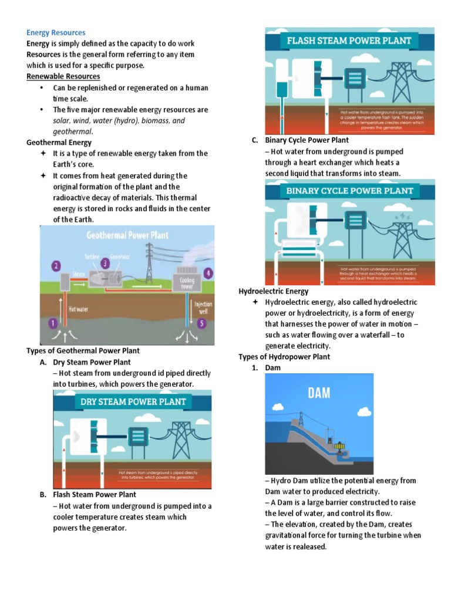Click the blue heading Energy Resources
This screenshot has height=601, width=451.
point(56,32)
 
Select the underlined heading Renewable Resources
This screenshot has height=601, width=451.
point(63,76)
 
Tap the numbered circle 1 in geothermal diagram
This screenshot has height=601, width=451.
point(53,323)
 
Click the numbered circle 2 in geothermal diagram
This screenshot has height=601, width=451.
point(56,266)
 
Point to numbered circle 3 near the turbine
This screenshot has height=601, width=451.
point(105,262)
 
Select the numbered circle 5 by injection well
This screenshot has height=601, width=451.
point(201,323)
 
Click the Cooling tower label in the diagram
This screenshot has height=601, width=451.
point(187,284)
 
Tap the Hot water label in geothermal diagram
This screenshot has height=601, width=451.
point(79,308)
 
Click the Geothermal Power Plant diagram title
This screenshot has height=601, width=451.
point(127,235)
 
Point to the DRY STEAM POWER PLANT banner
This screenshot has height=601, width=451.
point(133,402)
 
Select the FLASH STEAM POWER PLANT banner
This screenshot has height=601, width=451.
point(349,41)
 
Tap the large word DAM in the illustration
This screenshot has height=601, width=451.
point(319,393)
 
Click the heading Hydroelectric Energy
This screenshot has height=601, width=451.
point(273,291)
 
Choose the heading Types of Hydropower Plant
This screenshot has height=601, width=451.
point(284,357)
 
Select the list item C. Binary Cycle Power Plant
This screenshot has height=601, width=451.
point(299,140)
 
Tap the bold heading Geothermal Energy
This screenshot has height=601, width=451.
point(59,142)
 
